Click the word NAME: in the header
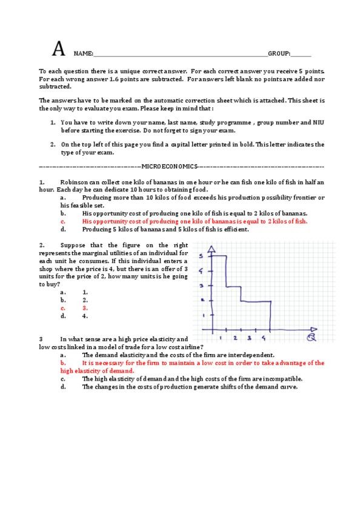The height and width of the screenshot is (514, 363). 83,54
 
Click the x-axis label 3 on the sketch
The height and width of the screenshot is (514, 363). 248,338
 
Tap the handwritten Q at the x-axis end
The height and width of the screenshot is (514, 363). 311,338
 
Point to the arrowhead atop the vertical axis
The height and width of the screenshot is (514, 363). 211,249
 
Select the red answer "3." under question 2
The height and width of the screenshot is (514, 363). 85,308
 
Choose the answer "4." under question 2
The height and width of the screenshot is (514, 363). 85,316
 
